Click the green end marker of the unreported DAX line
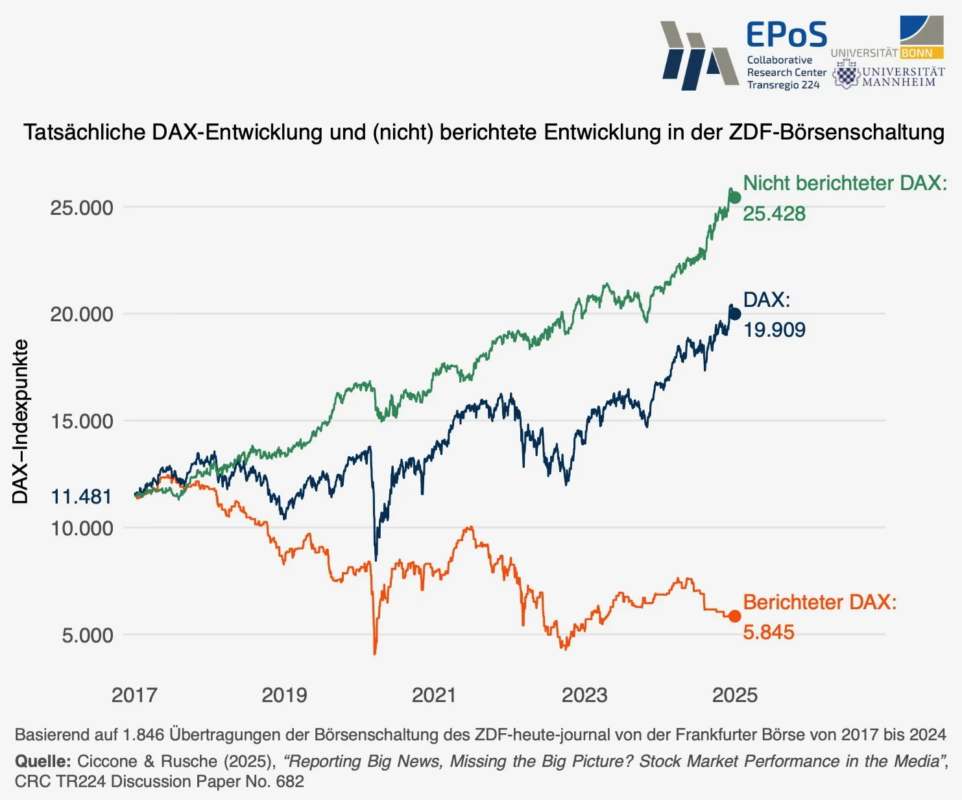point(734,197)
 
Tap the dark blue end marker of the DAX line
point(734,314)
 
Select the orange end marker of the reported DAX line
point(734,616)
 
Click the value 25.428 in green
point(774,213)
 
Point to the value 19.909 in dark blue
point(774,330)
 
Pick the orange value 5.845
point(768,632)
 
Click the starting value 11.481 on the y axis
point(81,496)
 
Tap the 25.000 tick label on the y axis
point(81,208)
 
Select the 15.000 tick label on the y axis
point(81,421)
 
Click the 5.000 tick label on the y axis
point(87,635)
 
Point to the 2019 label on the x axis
point(284,695)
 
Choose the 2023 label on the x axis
point(584,695)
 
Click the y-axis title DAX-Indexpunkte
point(20,422)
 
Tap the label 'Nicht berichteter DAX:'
point(845,183)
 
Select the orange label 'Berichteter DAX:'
point(819,602)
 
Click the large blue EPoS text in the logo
point(786,35)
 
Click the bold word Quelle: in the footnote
point(43,761)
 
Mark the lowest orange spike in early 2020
point(375,652)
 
